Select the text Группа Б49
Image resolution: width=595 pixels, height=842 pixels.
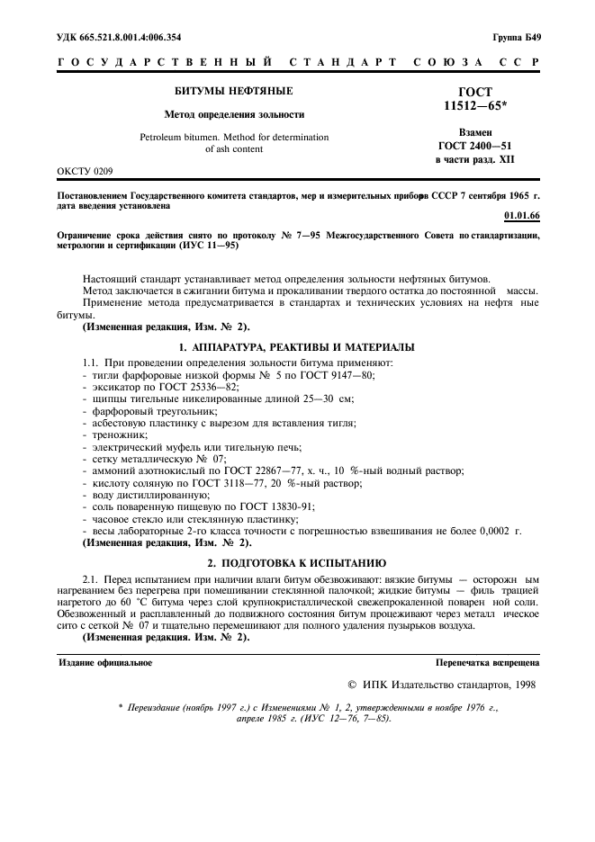pos(516,37)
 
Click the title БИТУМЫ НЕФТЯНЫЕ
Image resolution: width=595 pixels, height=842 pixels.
pos(233,92)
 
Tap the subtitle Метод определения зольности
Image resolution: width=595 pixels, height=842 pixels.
pos(233,115)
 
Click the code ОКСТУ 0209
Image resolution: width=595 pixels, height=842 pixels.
pos(86,169)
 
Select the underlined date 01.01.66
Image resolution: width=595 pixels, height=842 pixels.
pos(521,217)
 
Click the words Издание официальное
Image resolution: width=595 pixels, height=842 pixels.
pos(105,662)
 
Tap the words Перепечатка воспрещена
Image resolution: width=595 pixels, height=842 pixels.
pos(487,662)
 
